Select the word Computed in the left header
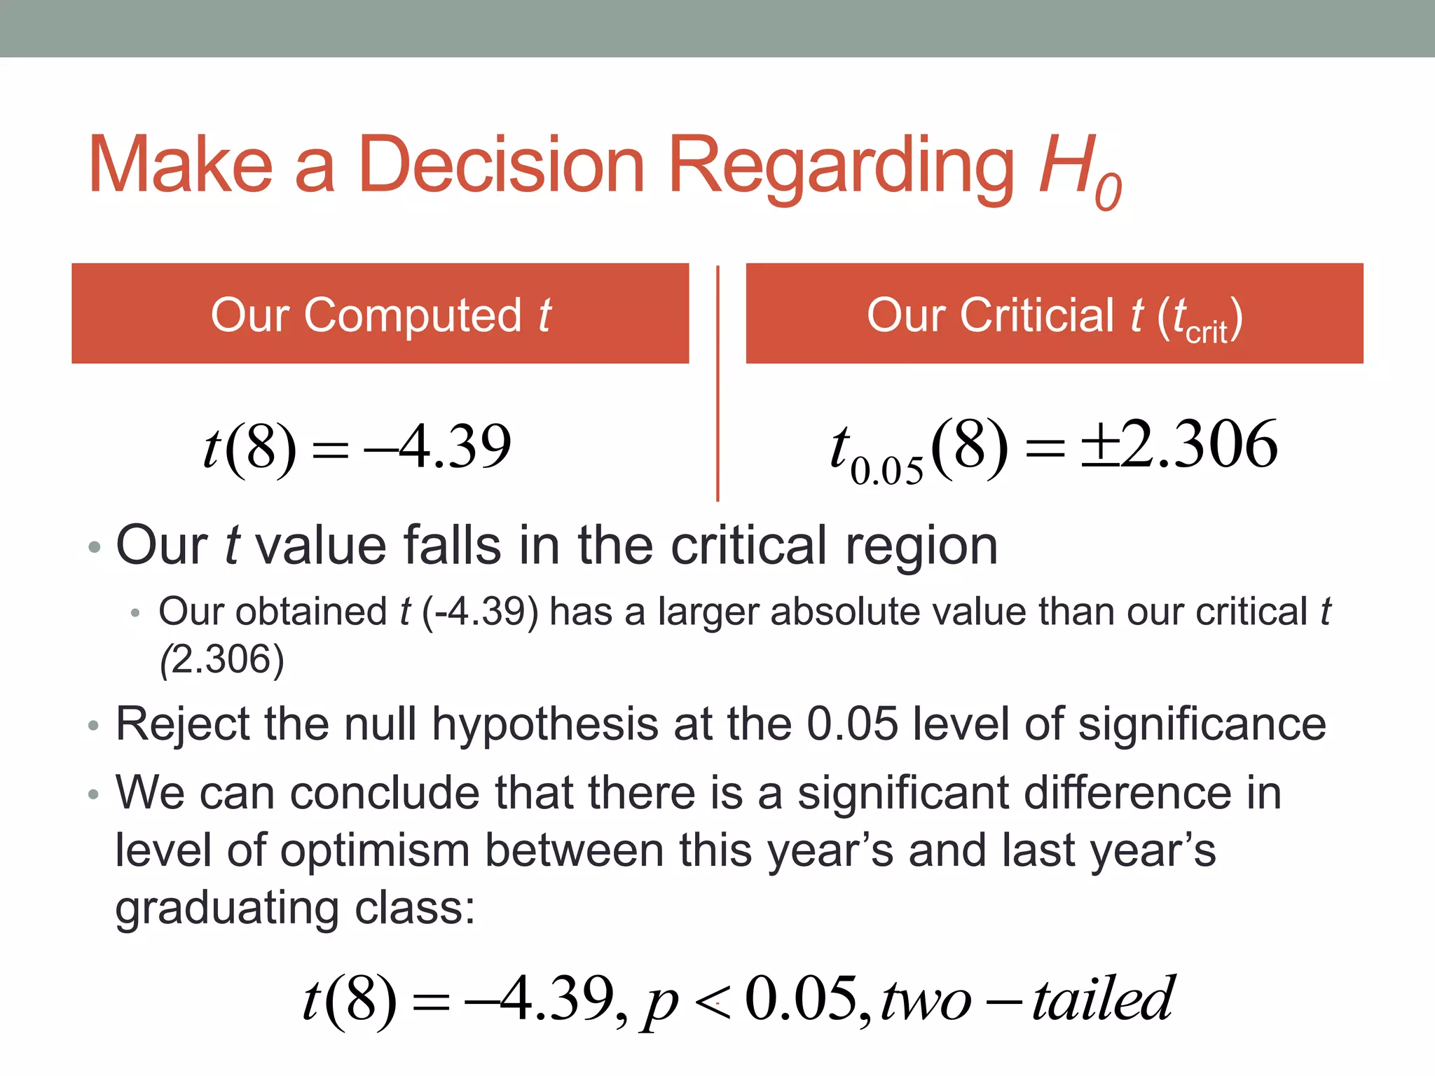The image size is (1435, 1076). (413, 315)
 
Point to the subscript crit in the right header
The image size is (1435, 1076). (1206, 331)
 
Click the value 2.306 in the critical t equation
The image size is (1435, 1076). (1199, 445)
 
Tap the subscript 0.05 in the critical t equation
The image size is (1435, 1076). (886, 471)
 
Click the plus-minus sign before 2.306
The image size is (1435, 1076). (1099, 446)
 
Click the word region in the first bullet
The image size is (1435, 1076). (921, 546)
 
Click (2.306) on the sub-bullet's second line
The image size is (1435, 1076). (222, 660)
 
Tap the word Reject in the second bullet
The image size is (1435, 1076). (183, 724)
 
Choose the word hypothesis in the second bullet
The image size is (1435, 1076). (544, 725)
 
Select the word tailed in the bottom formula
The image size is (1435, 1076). (1103, 999)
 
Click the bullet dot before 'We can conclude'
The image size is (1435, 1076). (94, 794)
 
